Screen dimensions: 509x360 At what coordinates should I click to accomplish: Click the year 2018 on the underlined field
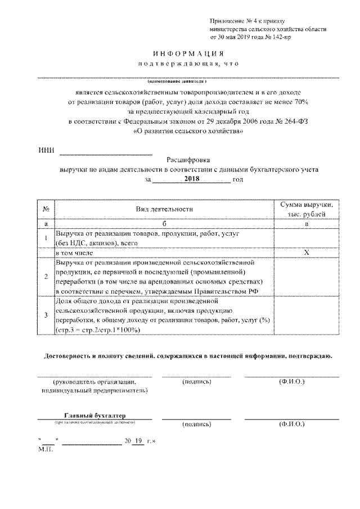tap(192, 179)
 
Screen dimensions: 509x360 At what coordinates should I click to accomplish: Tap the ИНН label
tap(46, 151)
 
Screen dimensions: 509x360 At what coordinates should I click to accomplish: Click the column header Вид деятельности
tap(164, 209)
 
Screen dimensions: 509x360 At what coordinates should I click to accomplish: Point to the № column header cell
tap(45, 209)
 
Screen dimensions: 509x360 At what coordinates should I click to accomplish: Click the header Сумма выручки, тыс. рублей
tap(307, 209)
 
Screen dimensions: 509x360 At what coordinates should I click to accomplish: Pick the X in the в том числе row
tap(307, 252)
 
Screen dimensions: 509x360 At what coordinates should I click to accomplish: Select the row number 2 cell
tap(45, 276)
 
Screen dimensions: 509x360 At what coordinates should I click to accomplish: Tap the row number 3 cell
tap(45, 316)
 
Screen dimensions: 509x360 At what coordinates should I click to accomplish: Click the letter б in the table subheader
tap(164, 223)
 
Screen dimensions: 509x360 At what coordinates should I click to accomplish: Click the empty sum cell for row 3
tap(307, 316)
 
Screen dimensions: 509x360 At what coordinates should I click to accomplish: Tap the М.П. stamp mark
tap(45, 450)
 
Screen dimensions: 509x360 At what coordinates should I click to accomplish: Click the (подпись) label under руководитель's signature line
tap(197, 382)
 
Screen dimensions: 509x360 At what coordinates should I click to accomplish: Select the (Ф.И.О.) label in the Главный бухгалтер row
tap(291, 424)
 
